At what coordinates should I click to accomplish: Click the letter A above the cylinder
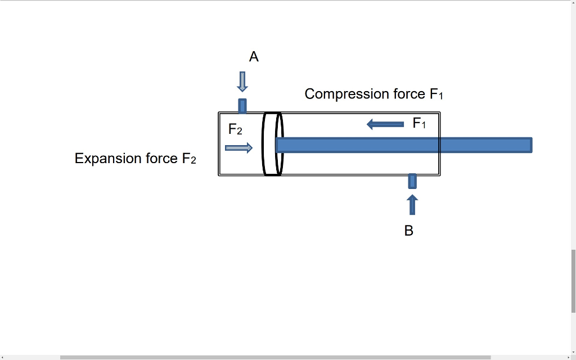click(254, 57)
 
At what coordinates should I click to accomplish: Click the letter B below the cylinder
click(409, 231)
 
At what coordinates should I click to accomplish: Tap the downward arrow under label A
click(242, 82)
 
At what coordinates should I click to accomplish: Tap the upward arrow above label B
click(412, 205)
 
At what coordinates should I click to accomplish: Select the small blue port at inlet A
click(242, 105)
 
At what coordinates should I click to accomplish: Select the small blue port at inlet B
click(412, 181)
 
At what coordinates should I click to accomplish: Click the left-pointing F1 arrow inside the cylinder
click(385, 124)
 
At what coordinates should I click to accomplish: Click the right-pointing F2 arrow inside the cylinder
click(238, 148)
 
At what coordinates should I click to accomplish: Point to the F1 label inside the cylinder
click(419, 123)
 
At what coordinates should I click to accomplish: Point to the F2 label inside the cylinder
click(235, 130)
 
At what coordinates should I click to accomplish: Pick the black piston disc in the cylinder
click(273, 144)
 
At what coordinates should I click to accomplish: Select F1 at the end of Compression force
click(436, 94)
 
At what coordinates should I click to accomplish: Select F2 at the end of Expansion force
click(189, 159)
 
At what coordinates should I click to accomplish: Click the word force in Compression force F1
click(409, 94)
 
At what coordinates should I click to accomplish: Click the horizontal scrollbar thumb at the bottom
click(276, 357)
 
